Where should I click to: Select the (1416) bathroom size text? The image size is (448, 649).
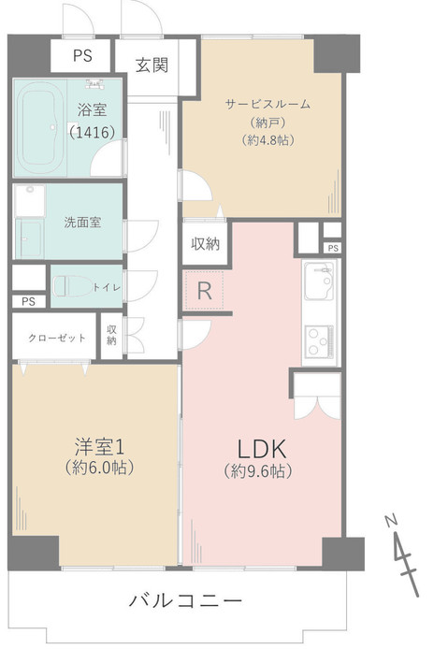(x=92, y=132)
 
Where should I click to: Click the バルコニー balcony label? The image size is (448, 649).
(x=185, y=600)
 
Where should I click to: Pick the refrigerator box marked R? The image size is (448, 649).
(x=205, y=291)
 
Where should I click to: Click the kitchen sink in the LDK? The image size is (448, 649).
(x=320, y=279)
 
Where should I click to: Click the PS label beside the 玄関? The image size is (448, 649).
(x=83, y=55)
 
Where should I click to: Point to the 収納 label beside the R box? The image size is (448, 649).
(x=205, y=244)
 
